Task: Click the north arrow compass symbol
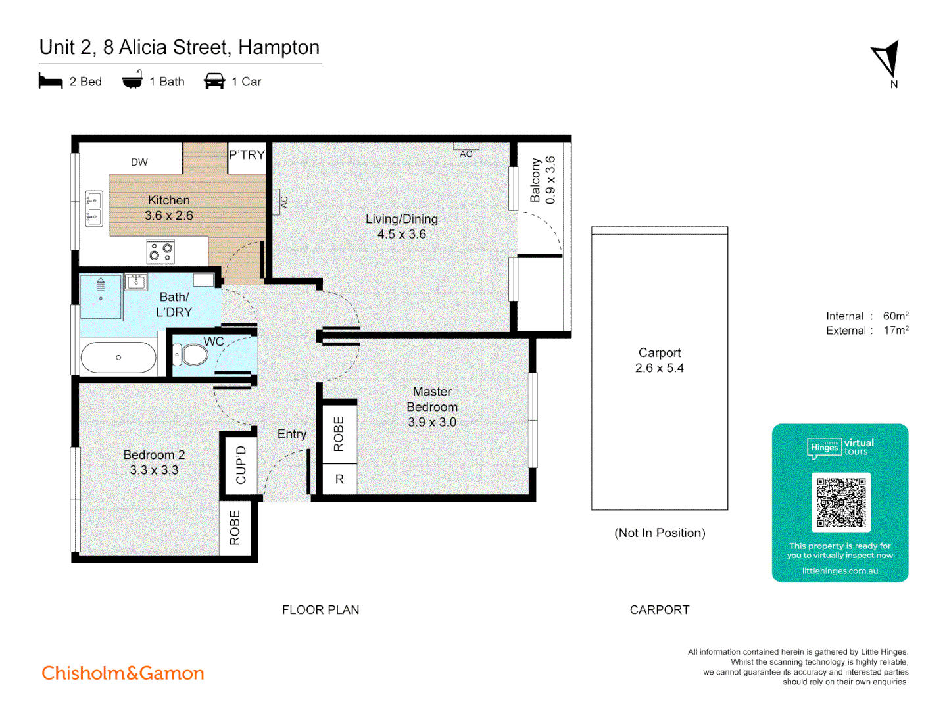click(x=887, y=60)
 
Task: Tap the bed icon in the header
click(x=51, y=82)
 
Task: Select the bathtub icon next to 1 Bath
click(x=132, y=80)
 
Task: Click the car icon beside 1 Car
click(x=214, y=82)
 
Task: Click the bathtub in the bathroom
click(x=118, y=358)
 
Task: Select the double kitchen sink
click(x=94, y=208)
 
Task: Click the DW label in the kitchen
click(x=139, y=162)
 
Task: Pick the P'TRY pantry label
click(x=247, y=155)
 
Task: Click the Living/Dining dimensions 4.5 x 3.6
click(x=401, y=234)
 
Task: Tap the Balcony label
click(x=535, y=180)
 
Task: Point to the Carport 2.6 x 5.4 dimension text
click(x=659, y=368)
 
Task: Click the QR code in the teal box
click(x=840, y=502)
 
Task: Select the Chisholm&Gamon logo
click(x=123, y=673)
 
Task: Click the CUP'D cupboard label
click(x=241, y=465)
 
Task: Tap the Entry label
click(x=291, y=434)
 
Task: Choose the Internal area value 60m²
click(x=896, y=316)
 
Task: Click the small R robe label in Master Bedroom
click(x=339, y=479)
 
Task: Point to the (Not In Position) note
click(x=660, y=533)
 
